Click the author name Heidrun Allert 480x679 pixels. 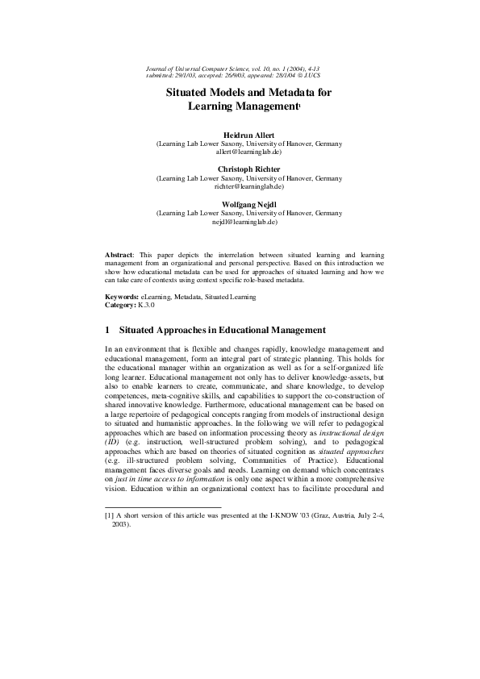pos(248,134)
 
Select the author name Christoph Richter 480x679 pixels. pos(248,169)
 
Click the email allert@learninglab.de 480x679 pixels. pos(248,151)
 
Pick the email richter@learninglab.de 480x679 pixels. pos(248,185)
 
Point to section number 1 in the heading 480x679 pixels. pos(108,330)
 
